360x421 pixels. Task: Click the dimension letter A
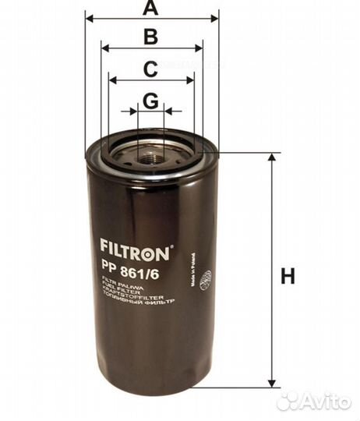point(151,9)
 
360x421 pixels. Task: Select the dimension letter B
point(151,37)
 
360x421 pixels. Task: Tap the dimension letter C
point(151,69)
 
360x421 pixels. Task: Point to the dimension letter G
point(151,101)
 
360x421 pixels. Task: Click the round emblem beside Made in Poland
point(206,279)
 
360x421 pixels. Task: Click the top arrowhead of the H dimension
point(272,158)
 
